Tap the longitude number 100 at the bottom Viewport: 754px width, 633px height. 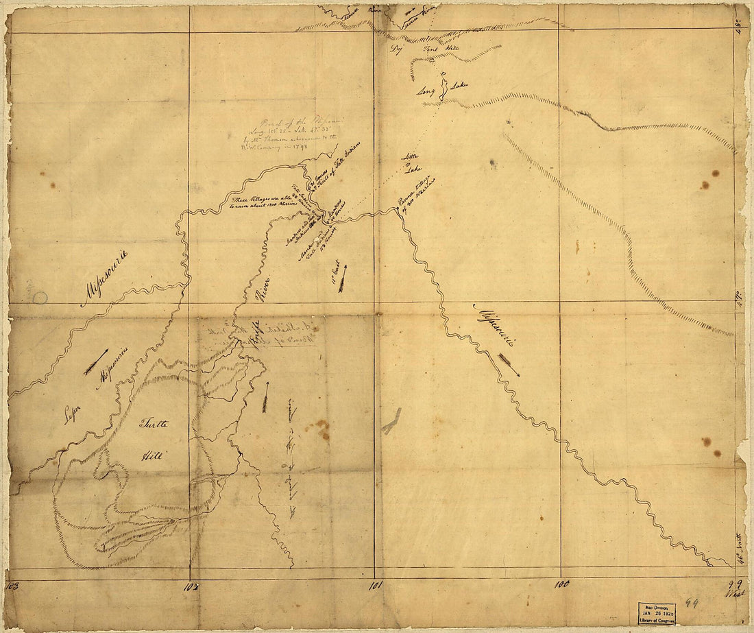(562, 584)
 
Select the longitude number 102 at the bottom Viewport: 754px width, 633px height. (190, 586)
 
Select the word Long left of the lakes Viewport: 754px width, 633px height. (426, 91)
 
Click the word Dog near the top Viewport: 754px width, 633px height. (396, 49)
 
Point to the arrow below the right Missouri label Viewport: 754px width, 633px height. (509, 365)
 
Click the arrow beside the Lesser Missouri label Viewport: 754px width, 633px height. (96, 361)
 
